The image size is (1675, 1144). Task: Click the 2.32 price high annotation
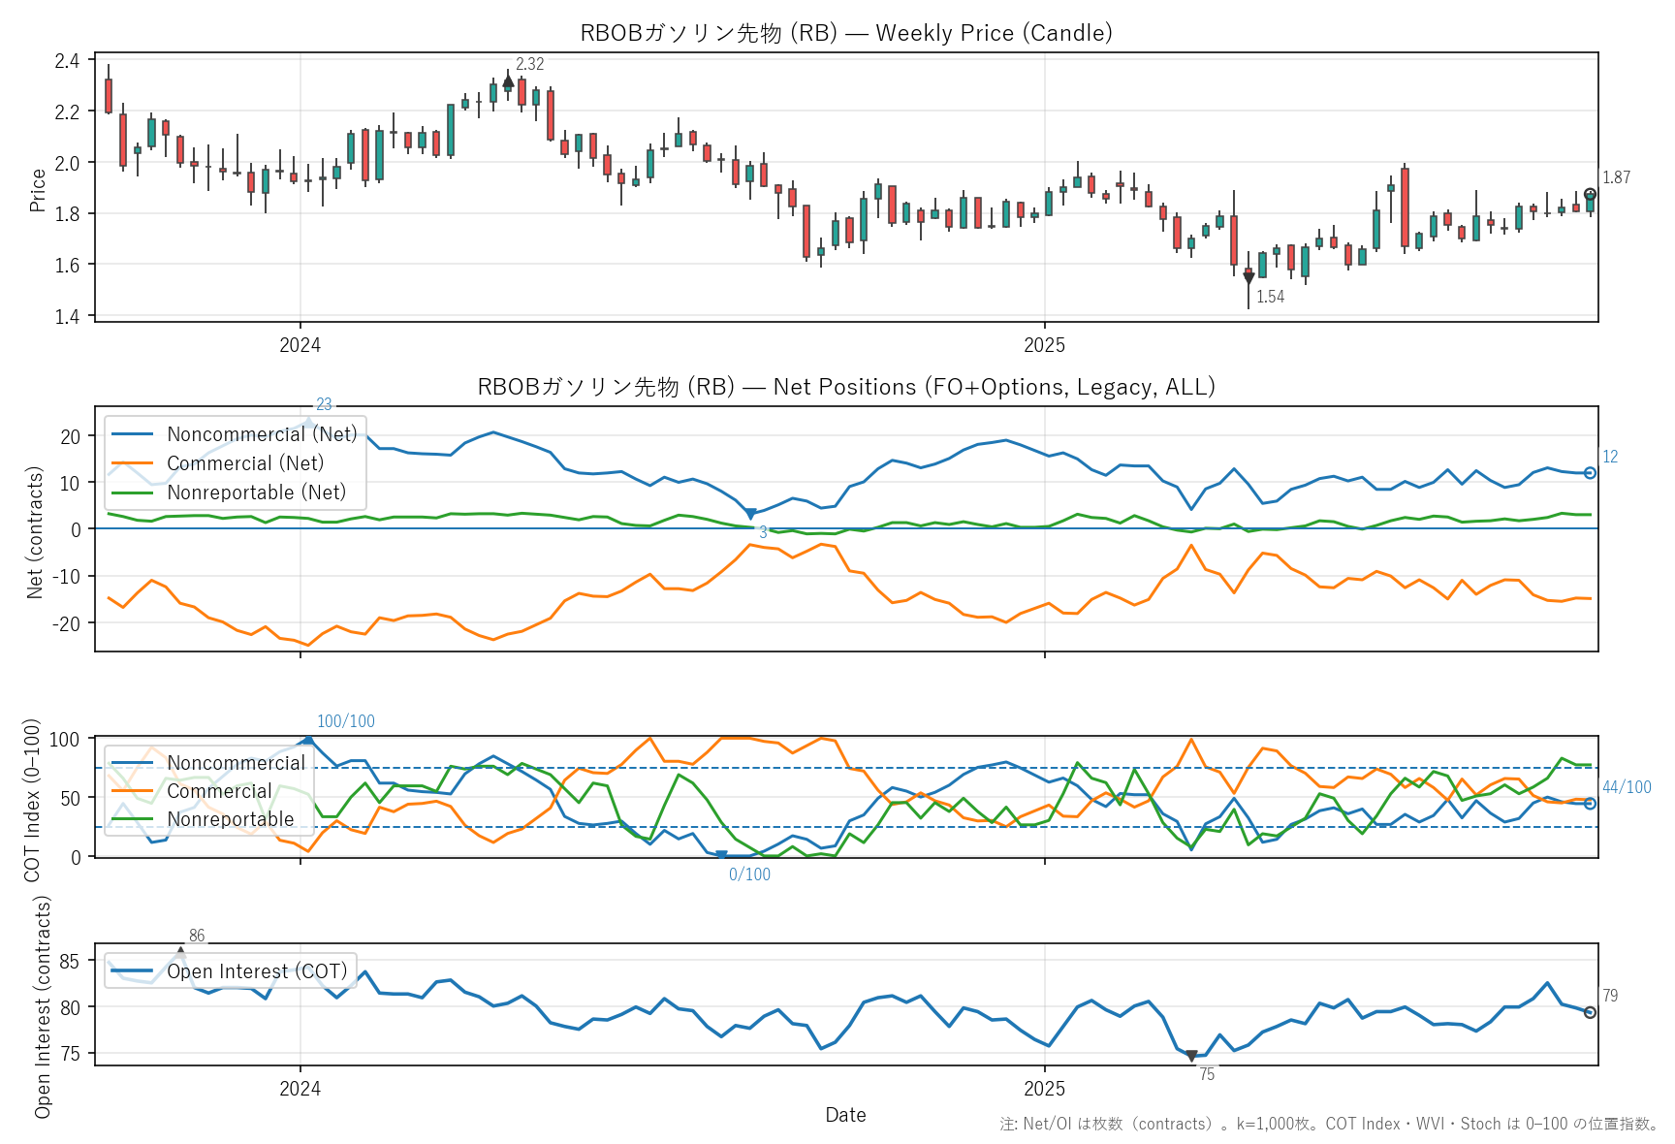529,64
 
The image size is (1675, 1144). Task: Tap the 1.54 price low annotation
1270,297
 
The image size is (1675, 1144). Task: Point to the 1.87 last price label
1616,177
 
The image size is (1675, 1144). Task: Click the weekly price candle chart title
845,33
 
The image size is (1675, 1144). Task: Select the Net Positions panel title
845,387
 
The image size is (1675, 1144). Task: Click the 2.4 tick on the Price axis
67,61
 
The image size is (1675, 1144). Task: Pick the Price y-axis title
38,190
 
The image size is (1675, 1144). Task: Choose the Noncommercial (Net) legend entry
261,434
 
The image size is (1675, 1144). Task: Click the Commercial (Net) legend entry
244,463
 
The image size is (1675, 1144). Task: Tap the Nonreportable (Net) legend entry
256,493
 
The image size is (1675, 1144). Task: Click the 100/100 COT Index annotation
345,721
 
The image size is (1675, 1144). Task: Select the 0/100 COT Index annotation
749,874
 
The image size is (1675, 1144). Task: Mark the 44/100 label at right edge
1627,787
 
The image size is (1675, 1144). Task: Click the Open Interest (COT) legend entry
256,971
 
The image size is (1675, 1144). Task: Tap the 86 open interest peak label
197,936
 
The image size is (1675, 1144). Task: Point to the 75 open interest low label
1206,1074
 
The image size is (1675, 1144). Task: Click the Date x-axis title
845,1115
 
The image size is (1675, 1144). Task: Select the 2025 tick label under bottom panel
1044,1089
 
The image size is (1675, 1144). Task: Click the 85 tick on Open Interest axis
70,962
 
